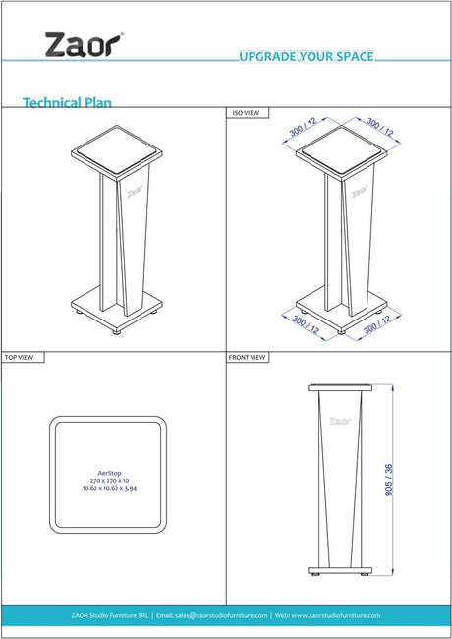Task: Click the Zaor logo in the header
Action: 85,45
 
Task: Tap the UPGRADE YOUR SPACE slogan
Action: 307,56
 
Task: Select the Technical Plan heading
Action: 67,102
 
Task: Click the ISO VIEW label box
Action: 248,113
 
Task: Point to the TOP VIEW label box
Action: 23,357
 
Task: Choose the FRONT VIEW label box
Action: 248,357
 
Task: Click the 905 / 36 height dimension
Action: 389,480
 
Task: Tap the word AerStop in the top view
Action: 109,473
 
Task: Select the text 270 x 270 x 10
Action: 109,480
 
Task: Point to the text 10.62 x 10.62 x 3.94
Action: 109,488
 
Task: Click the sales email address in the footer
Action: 211,615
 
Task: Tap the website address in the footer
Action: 327,615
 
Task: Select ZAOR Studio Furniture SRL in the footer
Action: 109,615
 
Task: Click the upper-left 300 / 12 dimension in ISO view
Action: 303,127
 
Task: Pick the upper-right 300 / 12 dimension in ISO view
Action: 380,127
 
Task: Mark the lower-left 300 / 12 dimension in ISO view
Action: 306,324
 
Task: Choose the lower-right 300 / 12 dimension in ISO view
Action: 377,324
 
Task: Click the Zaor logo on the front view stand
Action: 340,421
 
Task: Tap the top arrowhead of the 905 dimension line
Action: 392,388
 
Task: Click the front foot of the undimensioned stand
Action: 117,332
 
